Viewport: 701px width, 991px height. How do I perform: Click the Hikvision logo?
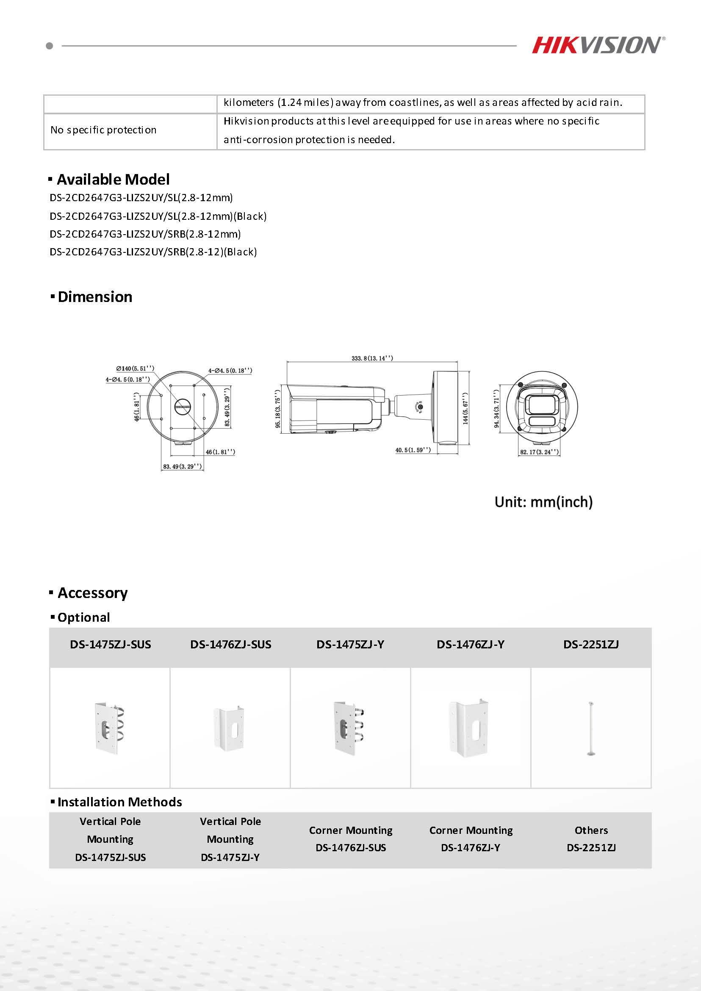click(x=598, y=45)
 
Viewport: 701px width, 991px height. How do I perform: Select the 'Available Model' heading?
click(x=113, y=179)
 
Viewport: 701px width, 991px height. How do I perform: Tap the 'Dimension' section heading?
click(x=94, y=297)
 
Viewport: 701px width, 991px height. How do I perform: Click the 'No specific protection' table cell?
click(x=104, y=130)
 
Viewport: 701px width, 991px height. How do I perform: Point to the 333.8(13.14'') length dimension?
click(x=372, y=358)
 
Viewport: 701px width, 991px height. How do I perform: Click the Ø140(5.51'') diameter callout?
click(x=135, y=368)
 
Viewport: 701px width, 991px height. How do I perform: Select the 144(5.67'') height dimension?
click(x=465, y=408)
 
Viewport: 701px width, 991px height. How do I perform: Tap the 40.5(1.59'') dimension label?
click(x=413, y=450)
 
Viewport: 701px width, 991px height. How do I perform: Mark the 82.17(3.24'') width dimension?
click(x=539, y=452)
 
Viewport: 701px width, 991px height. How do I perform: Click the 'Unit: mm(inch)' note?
click(x=543, y=502)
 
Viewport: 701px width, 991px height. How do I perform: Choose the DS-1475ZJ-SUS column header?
click(x=110, y=645)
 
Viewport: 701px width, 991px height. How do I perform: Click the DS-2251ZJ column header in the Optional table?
click(x=591, y=645)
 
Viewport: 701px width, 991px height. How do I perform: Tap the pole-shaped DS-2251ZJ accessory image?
click(x=590, y=728)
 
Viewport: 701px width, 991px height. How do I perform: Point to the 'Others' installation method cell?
click(x=591, y=830)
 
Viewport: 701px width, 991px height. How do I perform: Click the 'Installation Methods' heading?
click(x=119, y=802)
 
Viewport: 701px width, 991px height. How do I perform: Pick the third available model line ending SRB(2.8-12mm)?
click(x=145, y=234)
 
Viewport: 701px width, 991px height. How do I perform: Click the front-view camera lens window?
click(x=542, y=404)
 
